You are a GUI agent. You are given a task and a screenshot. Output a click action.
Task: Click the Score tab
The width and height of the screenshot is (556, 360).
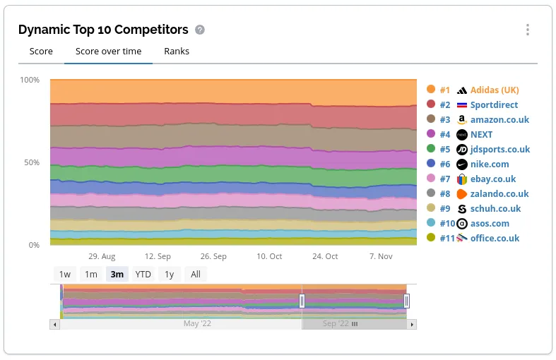pos(41,52)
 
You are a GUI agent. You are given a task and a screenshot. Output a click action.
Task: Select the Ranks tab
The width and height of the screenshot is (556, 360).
pos(177,52)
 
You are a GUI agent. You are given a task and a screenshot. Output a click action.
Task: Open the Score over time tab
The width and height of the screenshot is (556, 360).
pos(108,52)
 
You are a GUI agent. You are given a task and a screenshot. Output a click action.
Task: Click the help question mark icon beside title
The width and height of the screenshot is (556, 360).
pos(200,30)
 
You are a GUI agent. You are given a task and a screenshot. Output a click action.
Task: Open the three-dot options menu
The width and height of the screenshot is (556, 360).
pos(527,30)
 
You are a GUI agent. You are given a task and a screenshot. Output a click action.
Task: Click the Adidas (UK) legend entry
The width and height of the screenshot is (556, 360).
pos(494,90)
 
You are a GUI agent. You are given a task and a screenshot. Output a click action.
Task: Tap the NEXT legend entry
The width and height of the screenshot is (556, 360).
pos(481,135)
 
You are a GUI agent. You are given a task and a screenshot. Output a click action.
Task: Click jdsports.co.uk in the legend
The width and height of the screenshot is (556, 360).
pos(499,150)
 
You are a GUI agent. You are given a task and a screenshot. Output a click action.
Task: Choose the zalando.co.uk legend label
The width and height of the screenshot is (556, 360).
pos(499,194)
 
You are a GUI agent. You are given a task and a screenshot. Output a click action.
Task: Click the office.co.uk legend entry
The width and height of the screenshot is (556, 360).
pos(495,239)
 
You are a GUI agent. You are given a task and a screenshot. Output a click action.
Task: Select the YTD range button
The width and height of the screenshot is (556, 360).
pos(143,275)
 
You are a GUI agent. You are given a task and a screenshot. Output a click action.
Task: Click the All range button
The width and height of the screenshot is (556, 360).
pos(196,275)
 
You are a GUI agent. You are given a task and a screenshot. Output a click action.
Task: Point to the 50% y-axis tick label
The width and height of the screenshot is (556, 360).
pos(30,162)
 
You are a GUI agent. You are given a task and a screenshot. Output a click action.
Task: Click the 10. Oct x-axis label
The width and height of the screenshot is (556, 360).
pos(269,257)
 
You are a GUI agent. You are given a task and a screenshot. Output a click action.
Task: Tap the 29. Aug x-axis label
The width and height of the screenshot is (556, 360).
pos(102,257)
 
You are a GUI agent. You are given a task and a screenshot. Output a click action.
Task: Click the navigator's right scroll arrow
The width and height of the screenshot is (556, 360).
pos(412,325)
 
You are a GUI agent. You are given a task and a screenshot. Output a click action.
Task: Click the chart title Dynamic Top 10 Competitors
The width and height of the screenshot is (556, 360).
pos(103,30)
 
